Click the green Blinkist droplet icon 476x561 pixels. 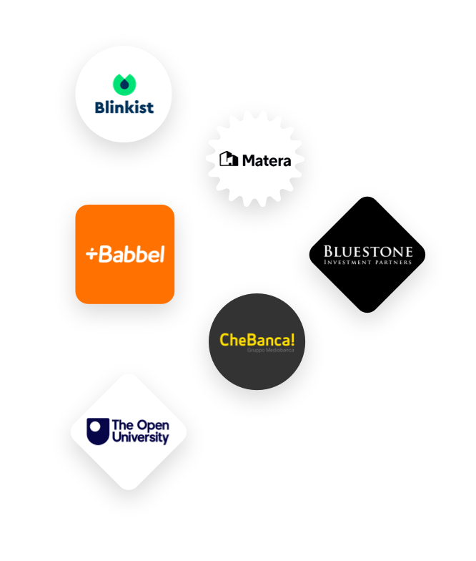(x=124, y=84)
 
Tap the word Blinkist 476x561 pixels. (x=124, y=107)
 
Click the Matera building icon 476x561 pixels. (x=228, y=159)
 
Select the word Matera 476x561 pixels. (x=267, y=160)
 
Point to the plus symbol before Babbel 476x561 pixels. (x=91, y=254)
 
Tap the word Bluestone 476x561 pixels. (x=368, y=251)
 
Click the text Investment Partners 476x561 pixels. (x=368, y=263)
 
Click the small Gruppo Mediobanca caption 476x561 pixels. (x=270, y=351)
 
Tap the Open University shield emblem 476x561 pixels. (x=98, y=431)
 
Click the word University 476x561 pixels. (x=141, y=438)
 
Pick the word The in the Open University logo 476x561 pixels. (x=121, y=425)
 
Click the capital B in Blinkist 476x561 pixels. (x=100, y=107)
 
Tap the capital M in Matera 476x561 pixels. (x=248, y=160)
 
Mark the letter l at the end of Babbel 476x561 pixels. (x=162, y=253)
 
